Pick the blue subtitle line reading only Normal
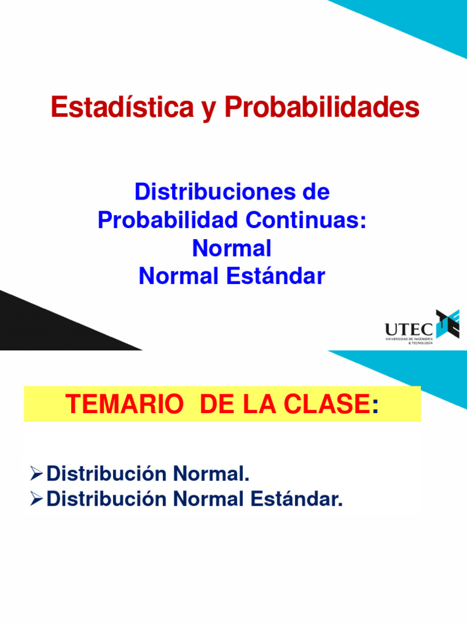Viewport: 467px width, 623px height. (x=232, y=248)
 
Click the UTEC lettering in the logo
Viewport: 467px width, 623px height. (x=409, y=329)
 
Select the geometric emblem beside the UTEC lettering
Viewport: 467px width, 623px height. (x=448, y=324)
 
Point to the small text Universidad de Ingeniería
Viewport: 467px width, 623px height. (x=409, y=339)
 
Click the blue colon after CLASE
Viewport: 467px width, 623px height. (x=375, y=406)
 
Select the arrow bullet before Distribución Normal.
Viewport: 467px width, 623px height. (x=36, y=472)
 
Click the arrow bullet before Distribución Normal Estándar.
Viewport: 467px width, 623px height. (x=36, y=499)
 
